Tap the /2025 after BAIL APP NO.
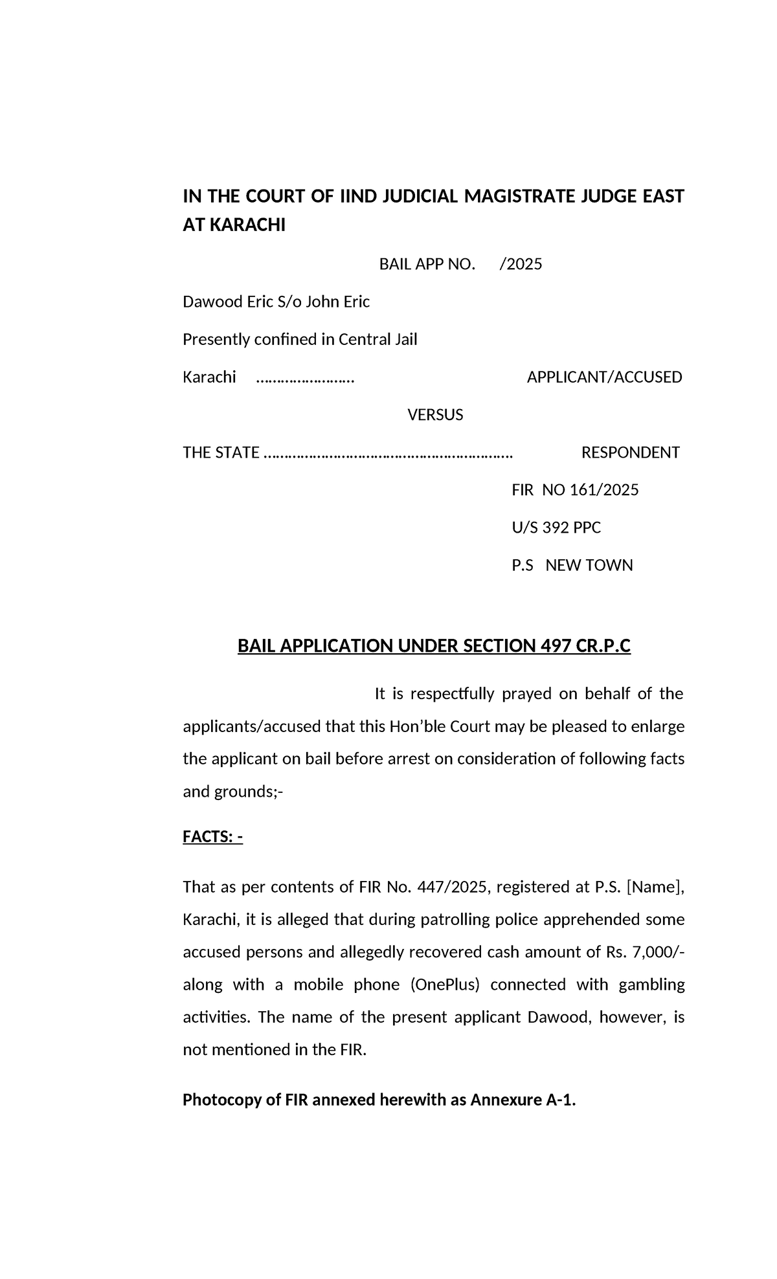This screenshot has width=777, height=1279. (521, 264)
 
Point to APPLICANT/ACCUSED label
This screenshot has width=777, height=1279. (604, 377)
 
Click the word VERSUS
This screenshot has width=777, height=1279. (434, 415)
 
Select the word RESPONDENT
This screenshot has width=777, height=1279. (630, 452)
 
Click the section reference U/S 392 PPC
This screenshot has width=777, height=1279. (556, 528)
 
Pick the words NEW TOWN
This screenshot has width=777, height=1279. (589, 565)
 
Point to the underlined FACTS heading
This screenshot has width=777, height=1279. (212, 837)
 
